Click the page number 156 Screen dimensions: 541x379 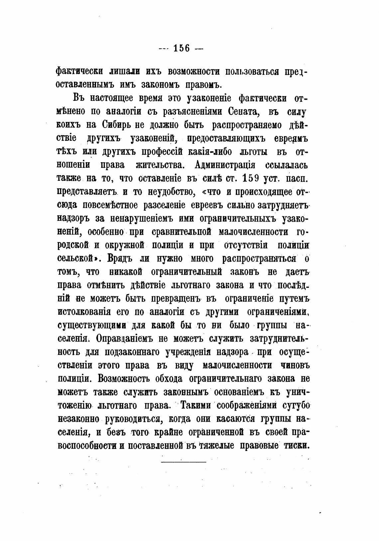181,49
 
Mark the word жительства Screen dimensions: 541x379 162,165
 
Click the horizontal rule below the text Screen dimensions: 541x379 184,462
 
